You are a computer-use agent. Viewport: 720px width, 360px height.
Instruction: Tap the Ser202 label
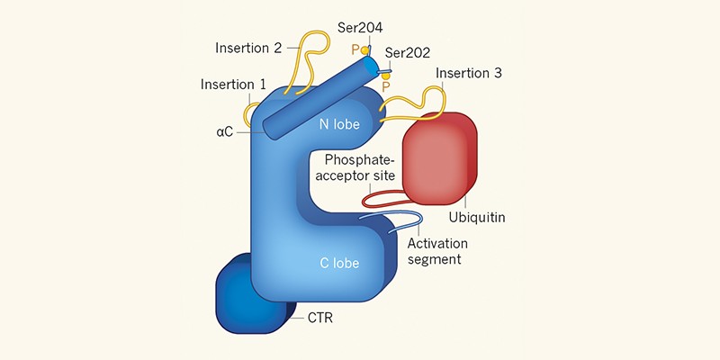point(409,53)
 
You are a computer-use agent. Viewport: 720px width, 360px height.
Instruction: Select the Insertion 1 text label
point(233,85)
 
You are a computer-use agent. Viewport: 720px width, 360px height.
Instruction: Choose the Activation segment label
point(437,251)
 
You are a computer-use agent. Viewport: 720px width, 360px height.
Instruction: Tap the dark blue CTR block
point(239,293)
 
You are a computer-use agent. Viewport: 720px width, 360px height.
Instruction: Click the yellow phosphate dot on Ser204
point(364,50)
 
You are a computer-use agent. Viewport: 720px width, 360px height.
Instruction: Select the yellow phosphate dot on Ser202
point(386,77)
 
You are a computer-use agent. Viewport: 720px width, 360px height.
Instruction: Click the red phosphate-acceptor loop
point(378,196)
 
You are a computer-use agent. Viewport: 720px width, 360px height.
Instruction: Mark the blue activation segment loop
point(405,216)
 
